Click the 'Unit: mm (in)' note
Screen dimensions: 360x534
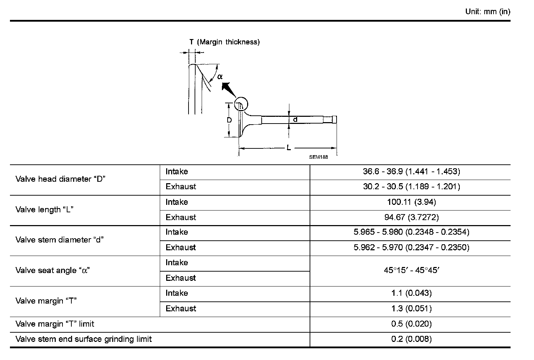coord(487,12)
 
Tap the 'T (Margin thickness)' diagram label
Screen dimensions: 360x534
coord(224,42)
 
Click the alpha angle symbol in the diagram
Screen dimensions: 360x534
coord(220,76)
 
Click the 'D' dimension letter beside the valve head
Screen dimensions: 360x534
coord(229,120)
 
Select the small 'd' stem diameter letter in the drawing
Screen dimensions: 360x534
coord(295,120)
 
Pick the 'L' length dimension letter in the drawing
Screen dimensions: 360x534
coord(289,148)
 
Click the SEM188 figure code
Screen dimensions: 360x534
coord(318,157)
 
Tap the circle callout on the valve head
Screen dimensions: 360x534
coord(241,104)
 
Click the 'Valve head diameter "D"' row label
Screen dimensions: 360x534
coord(61,179)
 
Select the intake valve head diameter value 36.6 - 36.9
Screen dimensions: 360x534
coord(411,172)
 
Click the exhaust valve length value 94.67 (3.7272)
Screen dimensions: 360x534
coord(411,217)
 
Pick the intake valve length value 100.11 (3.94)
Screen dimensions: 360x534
coord(411,202)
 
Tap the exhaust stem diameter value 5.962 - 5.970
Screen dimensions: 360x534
coord(411,247)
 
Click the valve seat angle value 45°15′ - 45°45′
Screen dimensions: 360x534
coord(411,270)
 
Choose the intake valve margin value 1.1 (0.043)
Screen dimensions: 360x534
coord(411,293)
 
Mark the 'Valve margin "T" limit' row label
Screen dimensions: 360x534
coord(55,324)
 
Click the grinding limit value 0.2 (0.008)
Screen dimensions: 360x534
coord(411,339)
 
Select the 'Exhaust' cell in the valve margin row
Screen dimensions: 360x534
coord(181,309)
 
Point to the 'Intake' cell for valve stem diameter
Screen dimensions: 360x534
coord(177,232)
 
